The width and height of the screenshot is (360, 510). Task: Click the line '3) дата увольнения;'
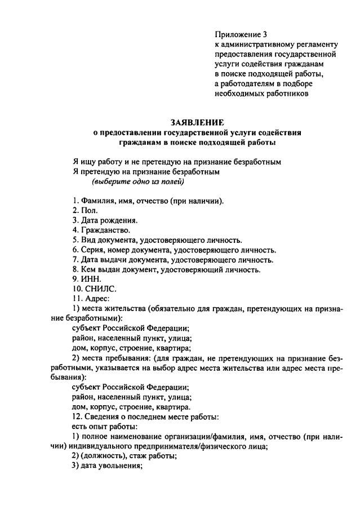coord(105,466)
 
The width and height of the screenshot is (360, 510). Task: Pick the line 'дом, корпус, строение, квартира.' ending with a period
coord(131,407)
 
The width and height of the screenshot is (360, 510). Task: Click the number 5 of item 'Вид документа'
coord(74,240)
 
